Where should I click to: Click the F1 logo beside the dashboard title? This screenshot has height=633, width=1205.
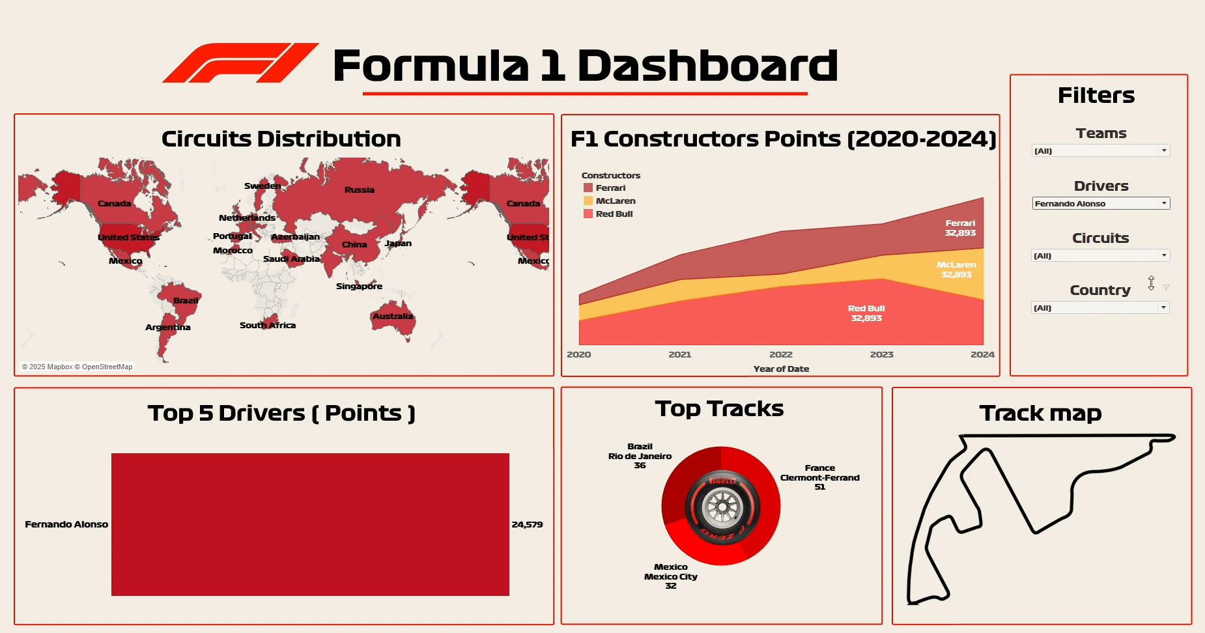click(x=240, y=63)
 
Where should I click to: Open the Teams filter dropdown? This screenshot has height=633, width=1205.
click(x=1101, y=151)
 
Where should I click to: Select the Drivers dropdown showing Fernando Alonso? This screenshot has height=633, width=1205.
click(x=1101, y=204)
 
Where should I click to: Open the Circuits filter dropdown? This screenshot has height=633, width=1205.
click(x=1101, y=256)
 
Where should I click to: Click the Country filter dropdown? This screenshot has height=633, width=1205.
click(x=1101, y=308)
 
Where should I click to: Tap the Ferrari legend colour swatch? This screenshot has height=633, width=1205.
click(x=588, y=188)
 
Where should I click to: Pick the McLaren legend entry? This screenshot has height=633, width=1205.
click(x=615, y=201)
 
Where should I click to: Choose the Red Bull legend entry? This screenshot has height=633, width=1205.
click(x=614, y=214)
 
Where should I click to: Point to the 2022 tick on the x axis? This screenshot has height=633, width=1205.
click(x=780, y=355)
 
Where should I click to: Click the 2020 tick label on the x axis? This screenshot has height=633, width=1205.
click(x=578, y=355)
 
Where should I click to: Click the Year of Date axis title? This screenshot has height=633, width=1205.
click(x=781, y=369)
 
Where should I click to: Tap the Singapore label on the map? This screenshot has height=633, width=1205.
click(x=359, y=287)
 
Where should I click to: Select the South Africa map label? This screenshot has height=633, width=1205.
click(x=267, y=326)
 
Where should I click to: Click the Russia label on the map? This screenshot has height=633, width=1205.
click(x=359, y=190)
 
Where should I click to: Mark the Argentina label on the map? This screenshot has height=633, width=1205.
click(x=167, y=328)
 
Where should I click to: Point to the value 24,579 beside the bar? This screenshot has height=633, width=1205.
click(x=527, y=525)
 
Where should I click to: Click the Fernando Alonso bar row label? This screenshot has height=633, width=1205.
click(x=66, y=525)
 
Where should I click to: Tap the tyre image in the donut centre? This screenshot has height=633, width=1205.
click(x=721, y=506)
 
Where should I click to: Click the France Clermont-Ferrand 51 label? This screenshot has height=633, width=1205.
click(x=819, y=477)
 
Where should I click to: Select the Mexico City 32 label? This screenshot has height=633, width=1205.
click(x=670, y=577)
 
